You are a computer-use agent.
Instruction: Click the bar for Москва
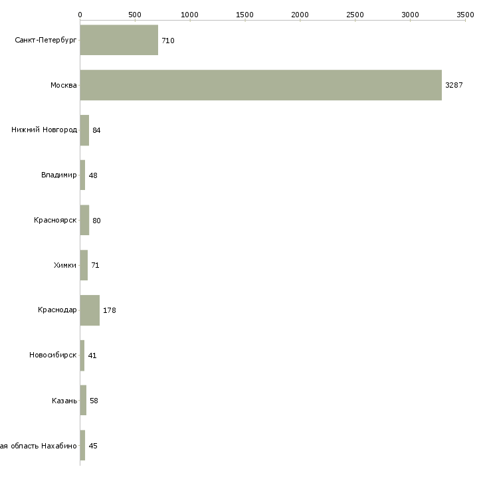(x=260, y=85)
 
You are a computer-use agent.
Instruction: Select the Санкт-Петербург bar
(x=119, y=40)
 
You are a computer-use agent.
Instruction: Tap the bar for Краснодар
(x=90, y=310)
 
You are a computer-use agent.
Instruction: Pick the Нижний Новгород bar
(x=84, y=130)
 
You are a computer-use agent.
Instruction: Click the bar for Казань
(x=83, y=400)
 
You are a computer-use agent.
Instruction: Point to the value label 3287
(x=454, y=85)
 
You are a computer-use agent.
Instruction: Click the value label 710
(x=168, y=41)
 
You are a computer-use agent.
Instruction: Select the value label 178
(x=110, y=310)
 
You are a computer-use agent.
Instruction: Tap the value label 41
(x=92, y=355)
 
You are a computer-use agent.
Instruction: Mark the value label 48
(x=93, y=175)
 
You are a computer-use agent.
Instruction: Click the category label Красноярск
(x=55, y=220)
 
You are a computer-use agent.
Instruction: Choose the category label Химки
(x=65, y=265)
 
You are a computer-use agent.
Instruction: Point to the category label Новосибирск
(x=53, y=355)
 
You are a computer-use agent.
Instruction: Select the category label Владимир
(x=58, y=175)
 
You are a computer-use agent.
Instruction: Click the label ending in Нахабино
(x=39, y=446)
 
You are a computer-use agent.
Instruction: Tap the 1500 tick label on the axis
(x=244, y=15)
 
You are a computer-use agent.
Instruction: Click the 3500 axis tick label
(x=465, y=15)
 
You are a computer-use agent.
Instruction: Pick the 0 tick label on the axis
(x=80, y=15)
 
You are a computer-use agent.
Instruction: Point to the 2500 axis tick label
(x=355, y=15)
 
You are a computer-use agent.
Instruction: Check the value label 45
(x=93, y=446)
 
